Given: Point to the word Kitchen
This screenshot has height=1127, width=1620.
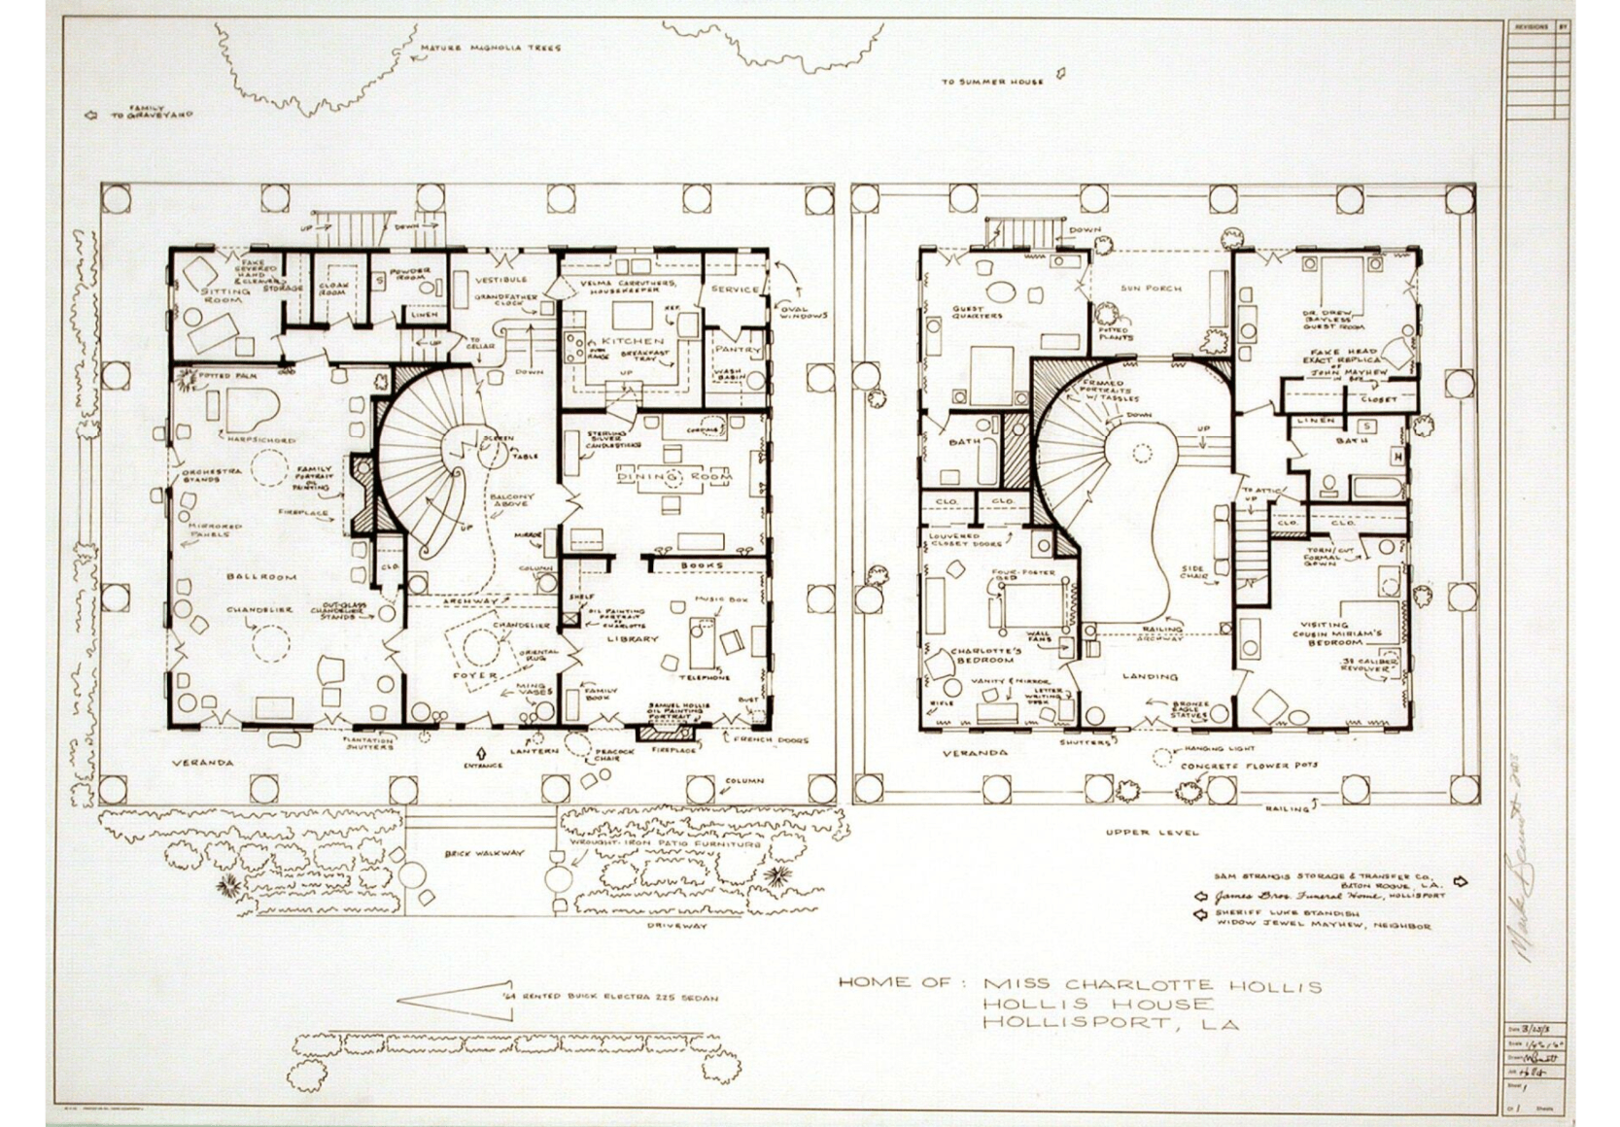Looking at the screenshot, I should (x=633, y=342).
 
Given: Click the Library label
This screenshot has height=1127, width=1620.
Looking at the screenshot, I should (x=633, y=639).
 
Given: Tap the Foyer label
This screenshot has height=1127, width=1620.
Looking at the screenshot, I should (x=476, y=674).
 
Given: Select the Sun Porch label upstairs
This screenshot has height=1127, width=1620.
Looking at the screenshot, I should (x=1151, y=289).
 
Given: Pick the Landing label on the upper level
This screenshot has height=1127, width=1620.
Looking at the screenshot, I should (x=1150, y=676).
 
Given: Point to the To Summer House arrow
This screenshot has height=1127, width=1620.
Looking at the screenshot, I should (x=1062, y=73).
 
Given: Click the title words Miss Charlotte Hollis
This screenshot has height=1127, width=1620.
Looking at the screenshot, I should (x=1153, y=986).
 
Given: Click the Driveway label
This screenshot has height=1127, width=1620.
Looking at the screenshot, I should (x=677, y=926).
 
